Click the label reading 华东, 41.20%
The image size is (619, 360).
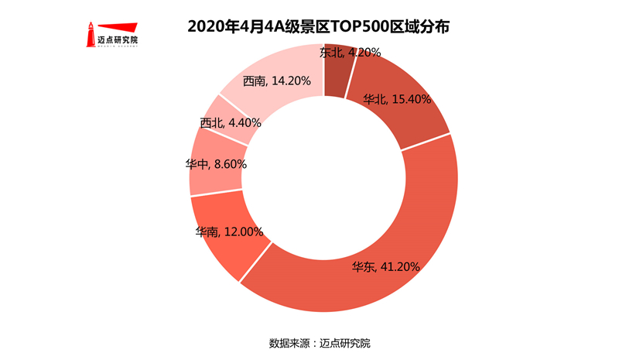coord(385,267)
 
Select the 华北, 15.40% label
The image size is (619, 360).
coord(398,99)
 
